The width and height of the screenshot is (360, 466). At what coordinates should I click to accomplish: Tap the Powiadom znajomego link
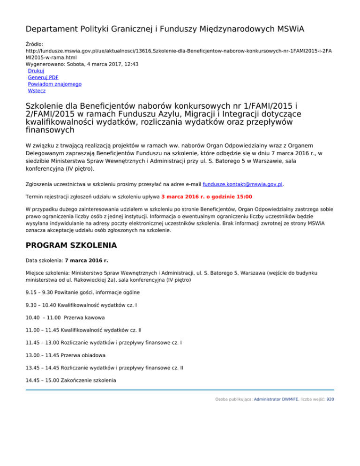click(x=54, y=84)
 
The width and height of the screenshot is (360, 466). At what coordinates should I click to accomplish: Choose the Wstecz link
click(x=37, y=91)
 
